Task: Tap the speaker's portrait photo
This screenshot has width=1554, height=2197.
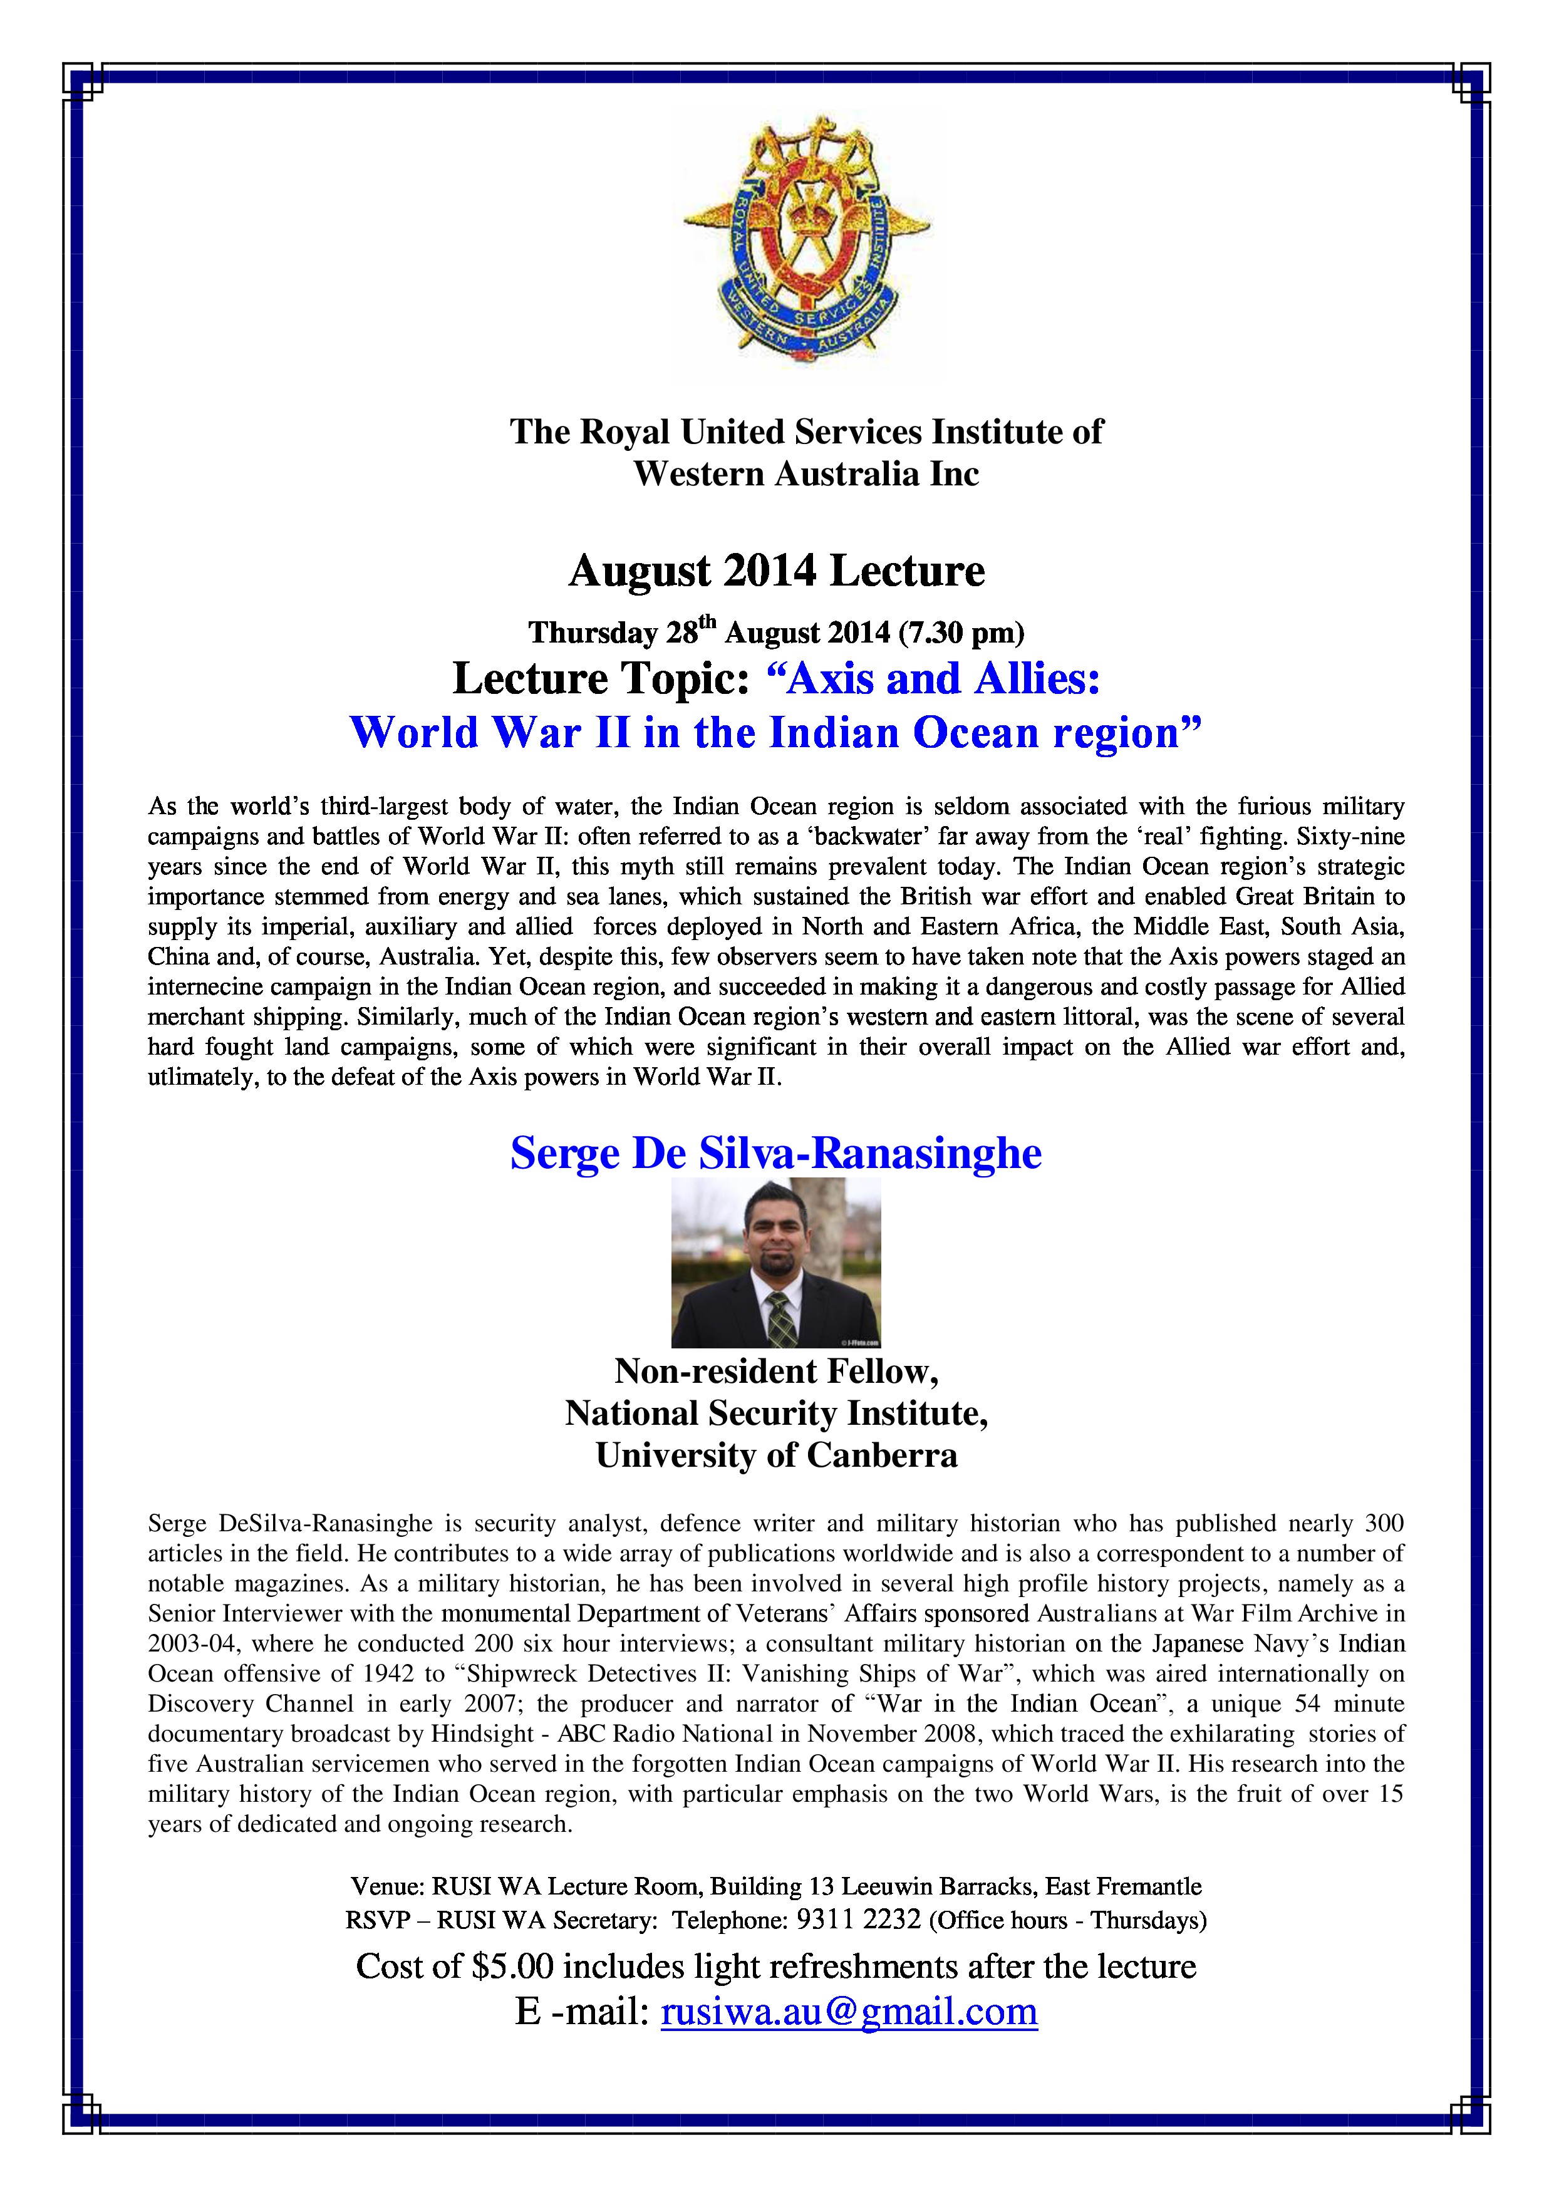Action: [x=776, y=1262]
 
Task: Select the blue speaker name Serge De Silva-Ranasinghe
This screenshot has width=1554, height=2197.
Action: [x=775, y=1153]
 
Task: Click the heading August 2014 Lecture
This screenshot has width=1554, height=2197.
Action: [x=776, y=571]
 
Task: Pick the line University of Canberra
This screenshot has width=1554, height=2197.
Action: [x=776, y=1455]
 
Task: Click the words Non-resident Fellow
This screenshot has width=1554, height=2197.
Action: [x=776, y=1371]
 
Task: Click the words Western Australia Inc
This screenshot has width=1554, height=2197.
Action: [x=805, y=473]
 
